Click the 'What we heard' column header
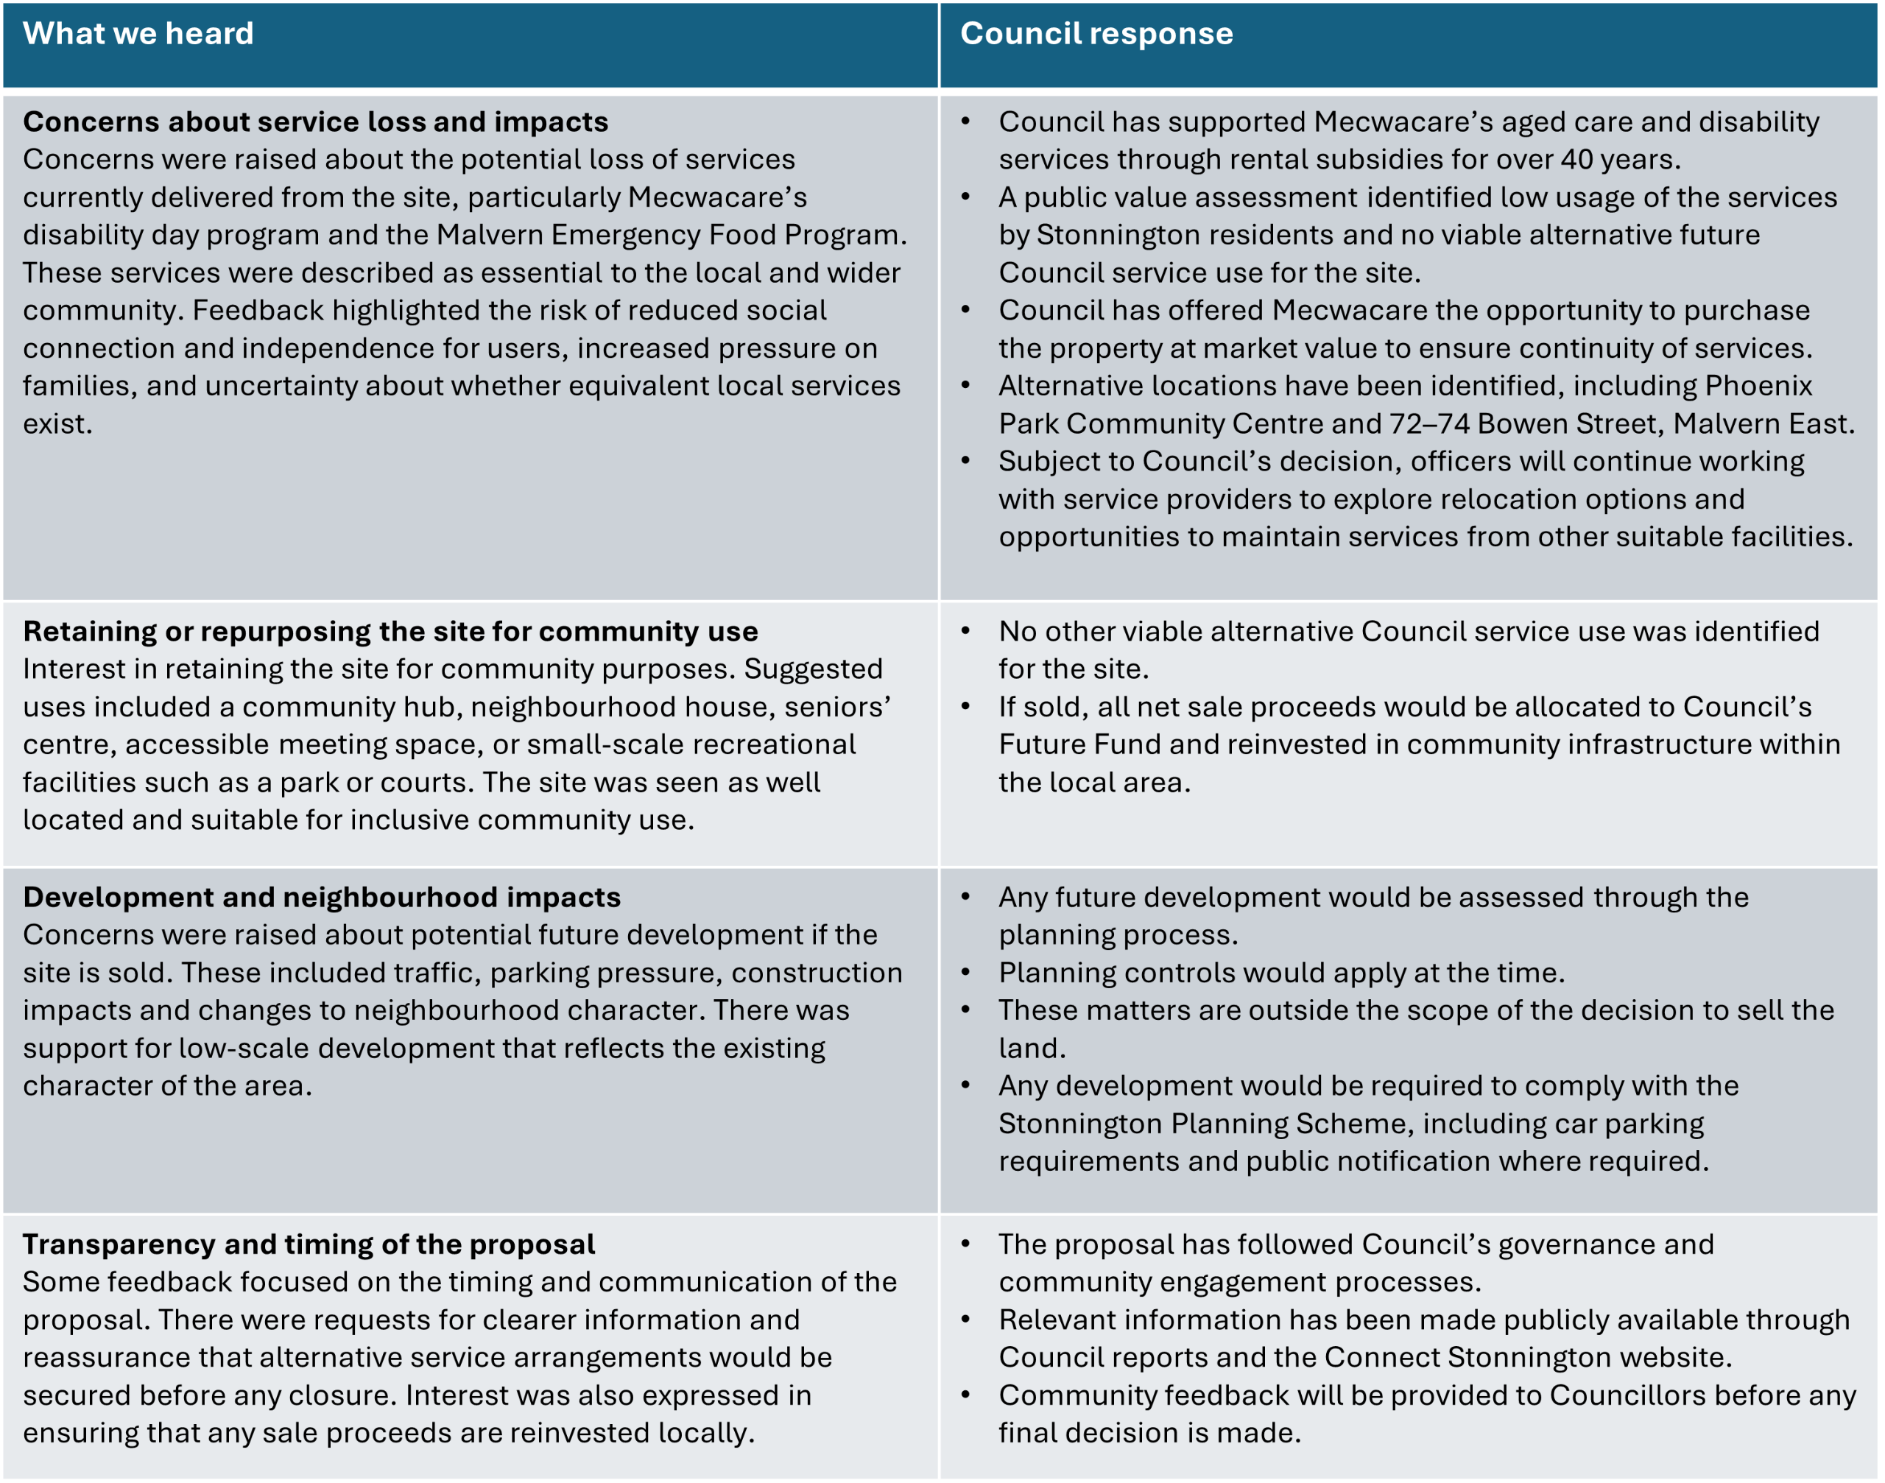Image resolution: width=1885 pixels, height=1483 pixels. click(138, 34)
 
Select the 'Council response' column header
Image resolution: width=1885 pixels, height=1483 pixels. click(1096, 34)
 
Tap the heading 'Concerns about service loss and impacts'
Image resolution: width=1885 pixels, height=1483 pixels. click(315, 121)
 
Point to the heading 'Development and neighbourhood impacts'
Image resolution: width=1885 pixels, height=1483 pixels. click(321, 897)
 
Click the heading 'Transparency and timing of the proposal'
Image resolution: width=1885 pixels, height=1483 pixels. click(309, 1244)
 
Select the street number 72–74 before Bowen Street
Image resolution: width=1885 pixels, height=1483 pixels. click(1429, 423)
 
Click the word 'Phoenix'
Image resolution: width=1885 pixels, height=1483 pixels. click(1758, 386)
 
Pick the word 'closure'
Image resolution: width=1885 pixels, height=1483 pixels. click(339, 1396)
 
